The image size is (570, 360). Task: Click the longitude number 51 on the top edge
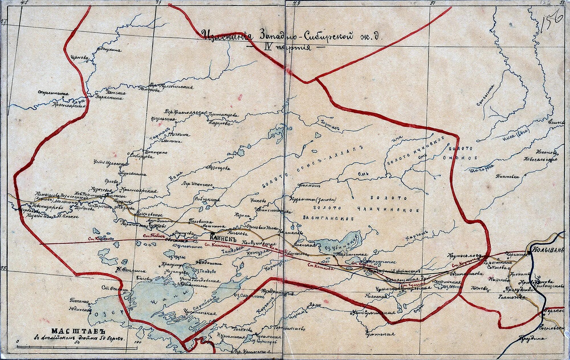point(432,3)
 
